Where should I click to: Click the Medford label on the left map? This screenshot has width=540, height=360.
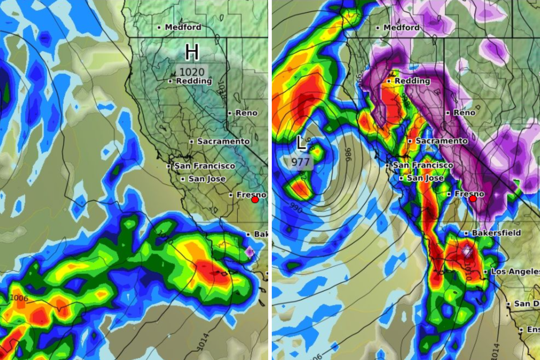[183, 27]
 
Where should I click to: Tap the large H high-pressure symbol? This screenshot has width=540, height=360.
[192, 52]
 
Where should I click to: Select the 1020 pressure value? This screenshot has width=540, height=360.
[192, 72]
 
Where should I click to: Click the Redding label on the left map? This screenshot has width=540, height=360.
[194, 81]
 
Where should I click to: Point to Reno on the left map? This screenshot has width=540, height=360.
[246, 113]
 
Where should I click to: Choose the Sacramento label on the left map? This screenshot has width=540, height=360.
[223, 141]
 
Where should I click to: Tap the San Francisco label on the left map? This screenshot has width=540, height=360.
[204, 166]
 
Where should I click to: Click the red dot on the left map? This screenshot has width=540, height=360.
[255, 200]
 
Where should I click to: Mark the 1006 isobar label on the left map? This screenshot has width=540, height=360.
[19, 298]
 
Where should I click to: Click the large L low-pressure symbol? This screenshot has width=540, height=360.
[301, 143]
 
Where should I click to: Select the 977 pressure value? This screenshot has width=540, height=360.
[300, 162]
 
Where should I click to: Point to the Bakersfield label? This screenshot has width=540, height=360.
[496, 233]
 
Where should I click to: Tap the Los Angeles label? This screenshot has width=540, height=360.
[515, 271]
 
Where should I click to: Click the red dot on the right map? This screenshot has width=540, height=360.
[473, 199]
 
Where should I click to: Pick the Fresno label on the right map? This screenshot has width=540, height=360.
[469, 194]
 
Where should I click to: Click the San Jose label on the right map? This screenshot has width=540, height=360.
[425, 178]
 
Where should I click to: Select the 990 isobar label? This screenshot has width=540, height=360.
[296, 208]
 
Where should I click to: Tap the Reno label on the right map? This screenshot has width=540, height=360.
[464, 112]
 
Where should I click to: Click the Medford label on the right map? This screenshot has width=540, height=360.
[401, 27]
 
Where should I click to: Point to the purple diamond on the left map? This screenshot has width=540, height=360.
[249, 252]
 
